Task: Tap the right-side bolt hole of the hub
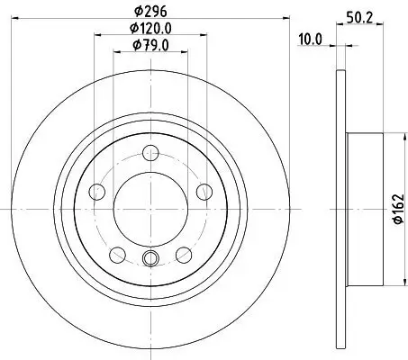click(x=203, y=190)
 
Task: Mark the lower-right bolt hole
click(x=182, y=254)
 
